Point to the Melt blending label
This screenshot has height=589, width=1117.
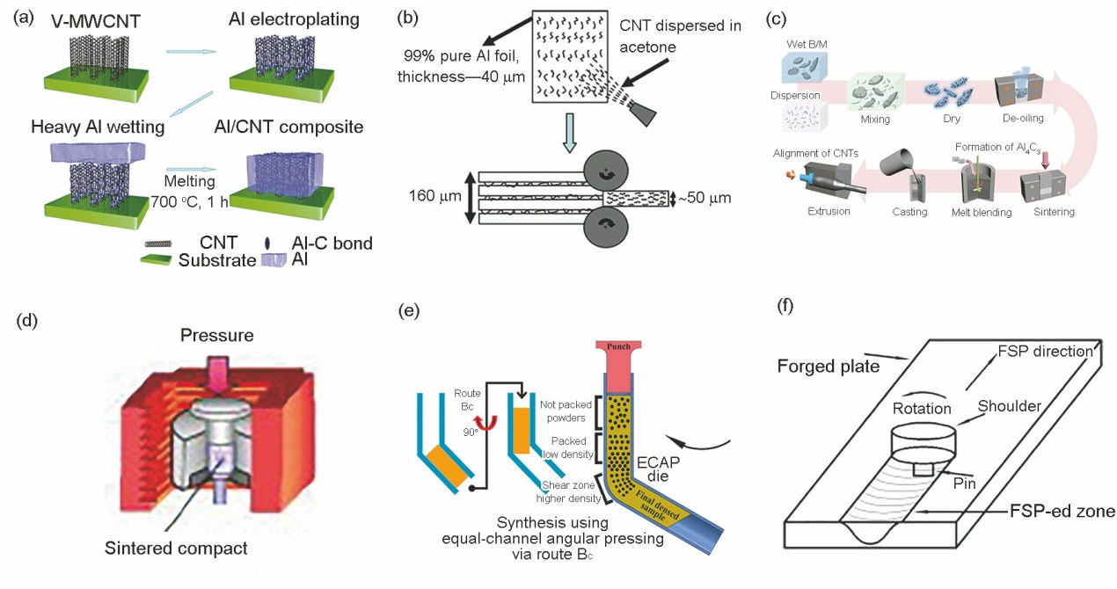983,212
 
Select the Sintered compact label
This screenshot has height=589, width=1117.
175,549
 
